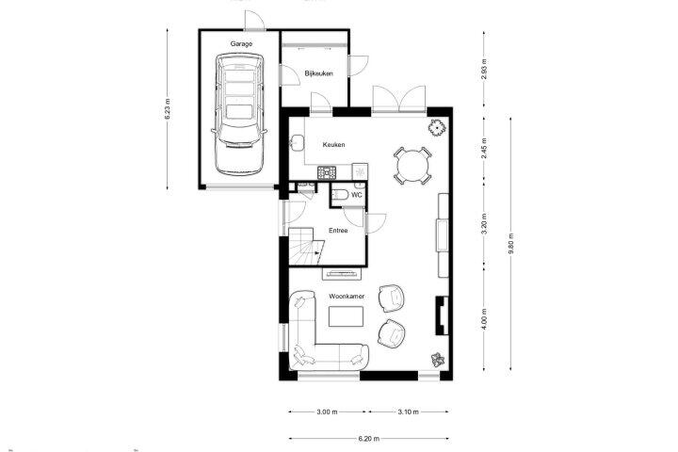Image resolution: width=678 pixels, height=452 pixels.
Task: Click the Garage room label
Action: pyautogui.click(x=241, y=43)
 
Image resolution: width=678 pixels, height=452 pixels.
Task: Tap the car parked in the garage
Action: pyautogui.click(x=239, y=114)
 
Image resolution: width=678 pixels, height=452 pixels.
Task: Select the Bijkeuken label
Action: pyautogui.click(x=318, y=73)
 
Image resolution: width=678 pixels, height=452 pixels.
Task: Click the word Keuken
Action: pyautogui.click(x=333, y=144)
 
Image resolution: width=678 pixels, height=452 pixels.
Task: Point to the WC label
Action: pyautogui.click(x=357, y=195)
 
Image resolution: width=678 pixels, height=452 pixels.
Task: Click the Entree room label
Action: pyautogui.click(x=338, y=231)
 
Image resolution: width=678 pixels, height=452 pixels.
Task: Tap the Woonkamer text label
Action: pyautogui.click(x=347, y=297)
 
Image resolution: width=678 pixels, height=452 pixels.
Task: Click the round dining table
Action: pyautogui.click(x=413, y=166)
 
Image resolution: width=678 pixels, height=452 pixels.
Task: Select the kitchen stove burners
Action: pyautogui.click(x=327, y=172)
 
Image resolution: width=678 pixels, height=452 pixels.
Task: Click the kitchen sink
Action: pyautogui.click(x=297, y=142)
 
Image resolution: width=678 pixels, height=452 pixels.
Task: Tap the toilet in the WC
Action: pyautogui.click(x=339, y=195)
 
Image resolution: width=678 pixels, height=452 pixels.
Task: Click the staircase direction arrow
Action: pyautogui.click(x=318, y=253)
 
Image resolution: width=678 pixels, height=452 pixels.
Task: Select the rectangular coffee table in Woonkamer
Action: pyautogui.click(x=346, y=316)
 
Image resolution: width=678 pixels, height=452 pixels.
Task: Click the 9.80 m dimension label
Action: pyautogui.click(x=511, y=244)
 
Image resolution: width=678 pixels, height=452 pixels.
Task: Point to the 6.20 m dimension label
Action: pyautogui.click(x=369, y=439)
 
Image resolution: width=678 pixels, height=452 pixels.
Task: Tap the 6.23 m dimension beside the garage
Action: pyautogui.click(x=168, y=109)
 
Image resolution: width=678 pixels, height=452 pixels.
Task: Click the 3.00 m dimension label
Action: pyautogui.click(x=327, y=412)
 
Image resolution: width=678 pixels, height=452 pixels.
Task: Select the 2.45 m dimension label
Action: pyautogui.click(x=484, y=149)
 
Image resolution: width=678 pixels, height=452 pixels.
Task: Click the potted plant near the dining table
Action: pyautogui.click(x=437, y=127)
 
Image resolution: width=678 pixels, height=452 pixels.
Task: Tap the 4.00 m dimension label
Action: pyautogui.click(x=484, y=319)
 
